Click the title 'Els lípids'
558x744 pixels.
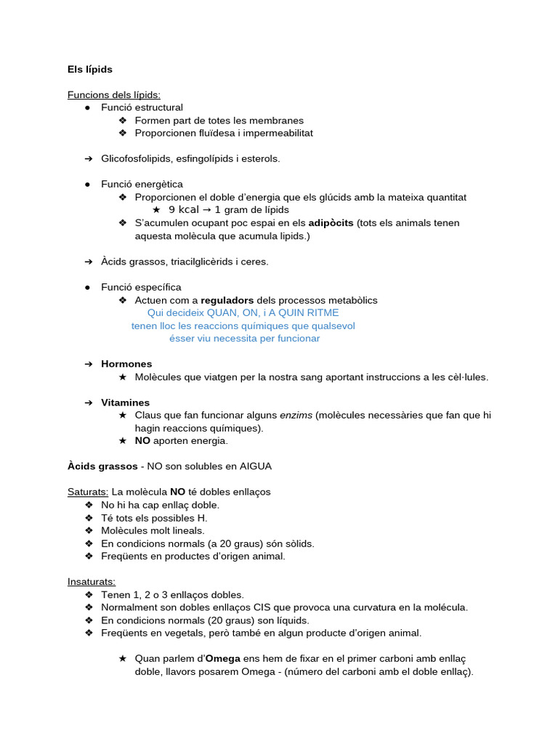tap(90, 69)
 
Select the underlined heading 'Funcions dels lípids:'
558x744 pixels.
tap(114, 94)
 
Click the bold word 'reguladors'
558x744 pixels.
tap(227, 300)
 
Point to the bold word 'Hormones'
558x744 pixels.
tap(126, 364)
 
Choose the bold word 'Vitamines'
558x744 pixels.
tap(126, 403)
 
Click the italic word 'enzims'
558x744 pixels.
tap(296, 416)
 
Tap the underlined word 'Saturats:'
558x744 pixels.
tap(88, 492)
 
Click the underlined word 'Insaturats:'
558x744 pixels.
tap(92, 581)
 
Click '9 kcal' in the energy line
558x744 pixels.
tap(183, 210)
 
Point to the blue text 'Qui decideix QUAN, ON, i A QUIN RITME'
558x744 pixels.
tap(243, 313)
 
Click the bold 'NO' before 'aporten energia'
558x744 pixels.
tap(142, 441)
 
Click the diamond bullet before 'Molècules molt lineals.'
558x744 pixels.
tap(89, 530)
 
